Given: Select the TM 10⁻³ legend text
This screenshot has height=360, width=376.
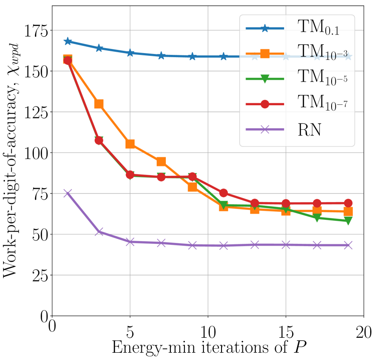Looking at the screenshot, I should (322, 54).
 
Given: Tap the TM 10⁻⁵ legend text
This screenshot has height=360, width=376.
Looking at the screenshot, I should (322, 78).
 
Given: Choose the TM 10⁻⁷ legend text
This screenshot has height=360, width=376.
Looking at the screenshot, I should (322, 104).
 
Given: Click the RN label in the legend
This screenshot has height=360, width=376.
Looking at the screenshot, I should (309, 130).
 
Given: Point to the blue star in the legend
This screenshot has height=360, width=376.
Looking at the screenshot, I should (265, 29).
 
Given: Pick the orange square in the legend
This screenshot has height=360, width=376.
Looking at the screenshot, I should (265, 54).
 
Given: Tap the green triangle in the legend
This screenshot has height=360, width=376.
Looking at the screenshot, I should (265, 79).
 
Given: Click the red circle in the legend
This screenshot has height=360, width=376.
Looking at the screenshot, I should (265, 104).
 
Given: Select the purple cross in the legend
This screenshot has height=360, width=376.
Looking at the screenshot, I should (265, 130).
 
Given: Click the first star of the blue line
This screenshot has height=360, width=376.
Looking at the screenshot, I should (67, 41).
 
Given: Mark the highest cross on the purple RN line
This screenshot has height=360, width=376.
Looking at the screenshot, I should (67, 193).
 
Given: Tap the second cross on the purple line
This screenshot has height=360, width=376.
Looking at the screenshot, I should (99, 232).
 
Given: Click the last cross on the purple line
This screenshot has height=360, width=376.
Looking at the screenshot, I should (348, 245).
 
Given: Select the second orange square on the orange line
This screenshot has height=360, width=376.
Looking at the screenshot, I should (99, 104).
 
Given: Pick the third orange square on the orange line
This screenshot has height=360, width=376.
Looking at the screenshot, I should (130, 144).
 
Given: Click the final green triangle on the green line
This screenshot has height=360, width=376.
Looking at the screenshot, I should (348, 221).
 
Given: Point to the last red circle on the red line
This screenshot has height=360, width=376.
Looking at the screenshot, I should (348, 203).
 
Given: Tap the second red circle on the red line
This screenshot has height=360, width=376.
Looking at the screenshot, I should (99, 141).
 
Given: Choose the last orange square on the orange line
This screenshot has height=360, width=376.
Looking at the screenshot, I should (348, 212).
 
